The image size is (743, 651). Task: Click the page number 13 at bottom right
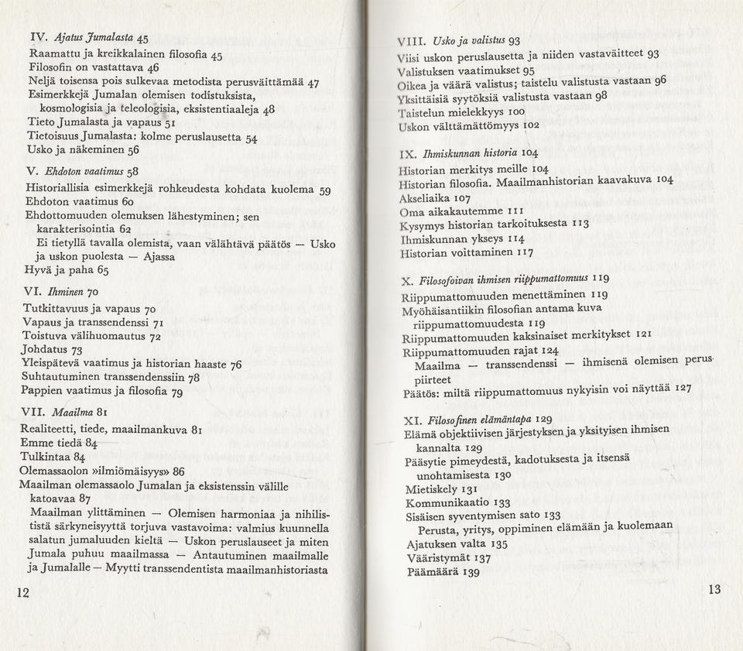[714, 589]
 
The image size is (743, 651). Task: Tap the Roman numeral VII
[34, 413]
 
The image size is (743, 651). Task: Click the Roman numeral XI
[412, 420]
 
